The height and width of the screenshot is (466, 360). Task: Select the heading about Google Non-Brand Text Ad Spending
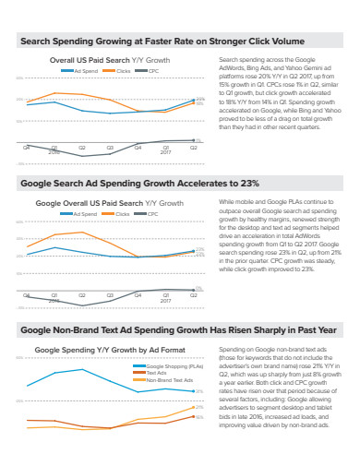pos(178,329)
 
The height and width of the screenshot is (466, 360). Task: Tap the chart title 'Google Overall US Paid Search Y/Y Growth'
pos(109,202)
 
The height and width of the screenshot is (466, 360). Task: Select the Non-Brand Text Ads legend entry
pos(169,379)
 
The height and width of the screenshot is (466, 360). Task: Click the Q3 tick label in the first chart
pos(110,148)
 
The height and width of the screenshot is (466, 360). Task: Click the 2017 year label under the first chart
pos(165,153)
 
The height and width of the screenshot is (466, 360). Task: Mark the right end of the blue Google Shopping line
pos(193,390)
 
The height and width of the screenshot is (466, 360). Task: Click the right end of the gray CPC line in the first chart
pos(193,140)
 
